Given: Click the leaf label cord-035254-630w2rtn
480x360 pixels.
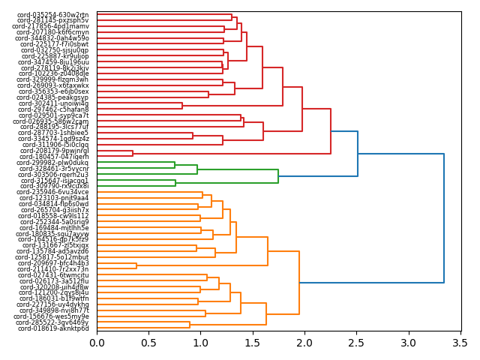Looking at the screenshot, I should tap(52, 14).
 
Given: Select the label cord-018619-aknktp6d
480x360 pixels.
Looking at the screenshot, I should tap(53, 328).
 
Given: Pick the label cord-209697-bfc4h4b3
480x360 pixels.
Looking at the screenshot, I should tap(53, 263).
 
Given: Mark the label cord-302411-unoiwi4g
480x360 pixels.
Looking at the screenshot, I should tap(53, 103).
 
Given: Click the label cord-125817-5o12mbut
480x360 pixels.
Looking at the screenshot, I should tap(52, 257).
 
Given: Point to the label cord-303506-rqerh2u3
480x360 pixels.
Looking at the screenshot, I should tap(52, 174).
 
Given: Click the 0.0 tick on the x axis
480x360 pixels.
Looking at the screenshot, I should tap(97, 343).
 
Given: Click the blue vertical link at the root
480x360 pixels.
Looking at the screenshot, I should tap(444, 218).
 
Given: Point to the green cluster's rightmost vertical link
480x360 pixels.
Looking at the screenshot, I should tap(278, 176).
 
